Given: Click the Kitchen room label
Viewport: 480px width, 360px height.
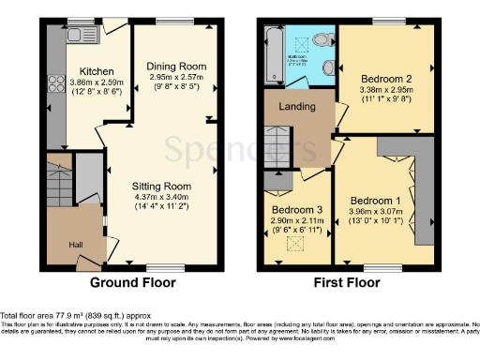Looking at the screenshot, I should pyautogui.click(x=97, y=71).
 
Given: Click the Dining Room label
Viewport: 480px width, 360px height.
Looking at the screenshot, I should pyautogui.click(x=175, y=66).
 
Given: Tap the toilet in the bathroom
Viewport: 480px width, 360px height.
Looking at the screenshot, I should pyautogui.click(x=322, y=40).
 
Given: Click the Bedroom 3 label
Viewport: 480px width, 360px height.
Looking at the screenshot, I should pyautogui.click(x=296, y=209).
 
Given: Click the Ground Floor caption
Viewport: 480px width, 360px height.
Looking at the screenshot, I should pyautogui.click(x=132, y=281).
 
